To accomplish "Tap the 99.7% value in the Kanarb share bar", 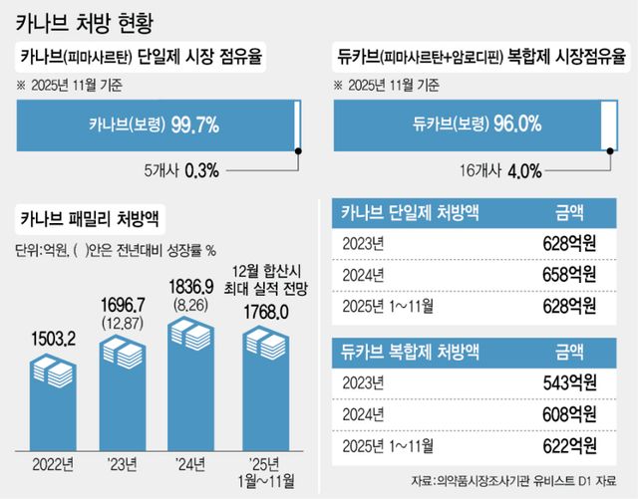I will coord(196,124).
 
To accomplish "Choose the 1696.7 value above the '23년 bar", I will coord(123,302).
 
